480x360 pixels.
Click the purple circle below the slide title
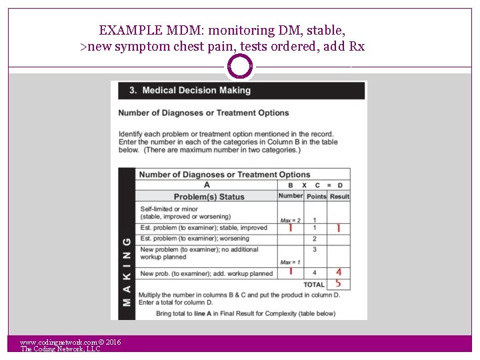point(240,67)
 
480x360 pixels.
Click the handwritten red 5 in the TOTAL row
point(339,283)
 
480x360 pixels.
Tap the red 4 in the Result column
point(339,272)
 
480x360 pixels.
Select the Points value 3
point(314,250)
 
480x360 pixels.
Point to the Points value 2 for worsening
point(314,239)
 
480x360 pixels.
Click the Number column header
point(291,196)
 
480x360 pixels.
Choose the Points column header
point(316,197)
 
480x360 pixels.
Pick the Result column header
point(339,197)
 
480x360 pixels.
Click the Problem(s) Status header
point(209,197)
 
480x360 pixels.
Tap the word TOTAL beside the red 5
point(314,285)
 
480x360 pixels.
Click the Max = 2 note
point(291,220)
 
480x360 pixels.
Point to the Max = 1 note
point(291,262)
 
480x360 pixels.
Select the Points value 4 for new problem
point(314,273)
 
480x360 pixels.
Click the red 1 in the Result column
point(339,228)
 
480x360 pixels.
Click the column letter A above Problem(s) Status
point(207,185)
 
